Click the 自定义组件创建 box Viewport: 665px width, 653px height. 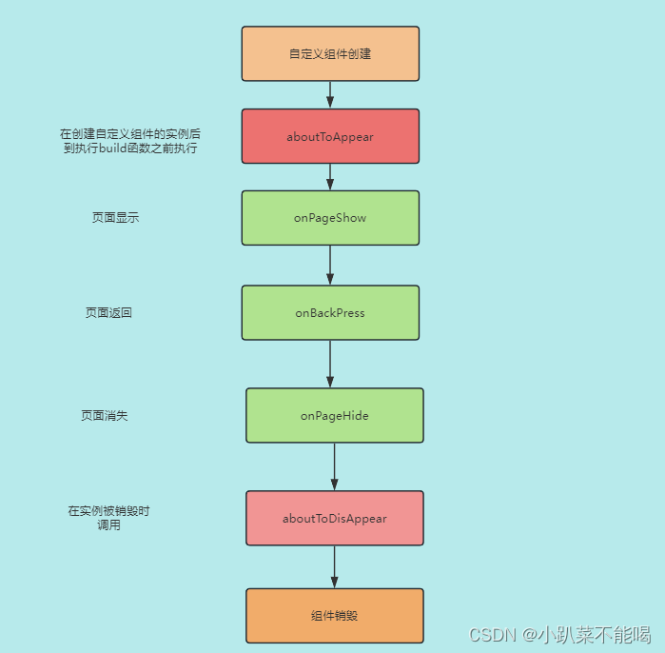330,54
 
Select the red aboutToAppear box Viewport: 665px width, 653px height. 330,136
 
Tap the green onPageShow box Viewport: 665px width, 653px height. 330,218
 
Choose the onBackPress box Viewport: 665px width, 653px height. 330,312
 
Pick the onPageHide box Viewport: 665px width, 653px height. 335,415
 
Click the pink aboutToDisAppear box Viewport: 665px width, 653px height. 335,518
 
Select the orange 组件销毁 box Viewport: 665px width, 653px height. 335,616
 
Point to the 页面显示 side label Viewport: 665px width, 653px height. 115,218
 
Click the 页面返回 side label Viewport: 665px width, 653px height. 108,312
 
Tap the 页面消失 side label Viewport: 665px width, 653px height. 105,415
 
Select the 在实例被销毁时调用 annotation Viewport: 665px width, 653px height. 108,518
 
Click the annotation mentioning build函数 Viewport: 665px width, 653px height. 130,141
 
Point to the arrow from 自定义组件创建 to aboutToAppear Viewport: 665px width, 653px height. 330,95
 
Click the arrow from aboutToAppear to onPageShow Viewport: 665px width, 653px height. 330,177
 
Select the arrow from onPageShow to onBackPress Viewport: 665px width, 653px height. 330,266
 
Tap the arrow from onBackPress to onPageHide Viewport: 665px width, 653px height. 330,364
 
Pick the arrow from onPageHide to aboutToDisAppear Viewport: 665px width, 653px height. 335,466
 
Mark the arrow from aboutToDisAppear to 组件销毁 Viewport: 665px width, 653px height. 335,566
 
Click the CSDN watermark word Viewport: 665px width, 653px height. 491,634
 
